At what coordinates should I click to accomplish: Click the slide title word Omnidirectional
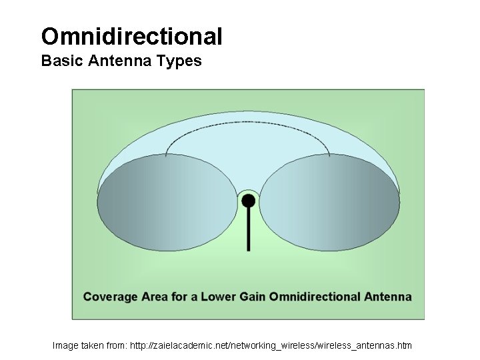tap(131, 36)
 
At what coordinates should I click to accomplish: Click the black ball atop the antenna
tap(248, 200)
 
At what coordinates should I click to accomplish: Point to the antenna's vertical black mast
tap(248, 230)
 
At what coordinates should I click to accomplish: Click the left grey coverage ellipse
tap(167, 202)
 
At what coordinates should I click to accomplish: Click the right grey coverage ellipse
tap(329, 202)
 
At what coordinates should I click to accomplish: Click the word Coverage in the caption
tap(110, 297)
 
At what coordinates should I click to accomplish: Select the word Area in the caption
tap(155, 297)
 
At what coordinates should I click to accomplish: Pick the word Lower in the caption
tap(219, 297)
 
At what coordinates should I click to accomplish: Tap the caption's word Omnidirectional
tap(315, 297)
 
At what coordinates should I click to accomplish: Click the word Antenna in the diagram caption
tap(388, 297)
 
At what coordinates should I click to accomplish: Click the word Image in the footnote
tap(65, 345)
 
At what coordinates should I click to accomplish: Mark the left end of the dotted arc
tap(166, 155)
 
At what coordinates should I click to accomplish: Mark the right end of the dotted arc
tap(330, 155)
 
